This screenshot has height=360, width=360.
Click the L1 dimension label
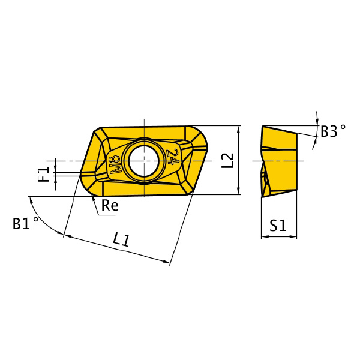click(x=121, y=239)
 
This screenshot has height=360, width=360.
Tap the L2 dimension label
click(x=227, y=160)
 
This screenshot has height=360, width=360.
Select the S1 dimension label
click(x=278, y=225)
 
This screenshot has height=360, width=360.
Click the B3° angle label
click(x=333, y=131)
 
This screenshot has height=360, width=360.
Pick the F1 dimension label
click(x=44, y=174)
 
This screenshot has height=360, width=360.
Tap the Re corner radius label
click(x=110, y=205)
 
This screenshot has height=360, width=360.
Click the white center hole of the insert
click(x=144, y=161)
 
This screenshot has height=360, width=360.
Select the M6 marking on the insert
click(x=115, y=165)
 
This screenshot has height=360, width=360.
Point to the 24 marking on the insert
click(x=174, y=157)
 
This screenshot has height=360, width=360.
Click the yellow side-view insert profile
click(x=279, y=161)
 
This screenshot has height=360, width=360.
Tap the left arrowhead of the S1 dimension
click(x=265, y=236)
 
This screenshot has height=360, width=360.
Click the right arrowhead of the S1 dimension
click(x=293, y=236)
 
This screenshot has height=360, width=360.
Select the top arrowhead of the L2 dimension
click(x=239, y=129)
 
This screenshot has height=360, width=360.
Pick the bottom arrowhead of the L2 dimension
click(x=239, y=191)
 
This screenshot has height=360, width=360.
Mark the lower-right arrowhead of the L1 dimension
click(x=166, y=261)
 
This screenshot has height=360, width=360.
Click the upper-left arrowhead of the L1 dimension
click(x=67, y=236)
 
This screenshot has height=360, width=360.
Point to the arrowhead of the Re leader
click(x=93, y=197)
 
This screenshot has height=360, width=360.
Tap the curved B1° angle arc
click(x=42, y=218)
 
